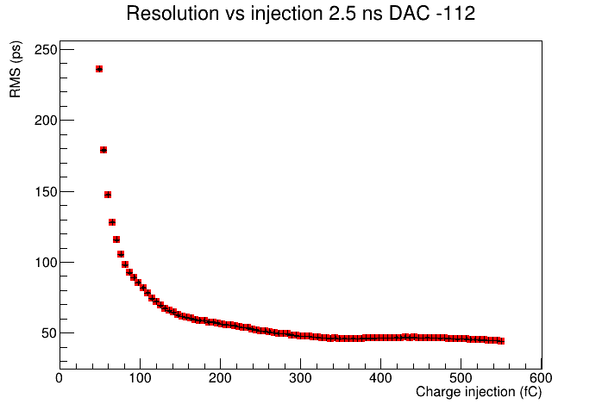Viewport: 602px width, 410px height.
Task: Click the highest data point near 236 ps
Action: pyautogui.click(x=99, y=69)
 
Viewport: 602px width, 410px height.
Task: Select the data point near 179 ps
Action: pyautogui.click(x=103, y=150)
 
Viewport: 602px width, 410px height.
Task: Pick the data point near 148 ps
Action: pyautogui.click(x=108, y=195)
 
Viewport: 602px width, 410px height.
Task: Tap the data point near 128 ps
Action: pyautogui.click(x=112, y=222)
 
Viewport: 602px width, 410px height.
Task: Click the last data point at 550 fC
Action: pyautogui.click(x=501, y=341)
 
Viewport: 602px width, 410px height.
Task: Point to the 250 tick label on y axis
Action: pyautogui.click(x=46, y=49)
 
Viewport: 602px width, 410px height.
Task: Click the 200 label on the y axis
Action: pyautogui.click(x=46, y=121)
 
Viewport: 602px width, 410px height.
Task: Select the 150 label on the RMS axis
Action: pyautogui.click(x=46, y=191)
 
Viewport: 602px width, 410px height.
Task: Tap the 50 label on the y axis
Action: pyautogui.click(x=49, y=333)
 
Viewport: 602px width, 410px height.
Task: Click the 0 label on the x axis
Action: pyautogui.click(x=60, y=378)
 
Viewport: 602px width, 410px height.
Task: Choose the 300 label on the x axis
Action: pyautogui.click(x=300, y=378)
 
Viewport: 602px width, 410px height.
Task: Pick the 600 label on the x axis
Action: pyautogui.click(x=541, y=378)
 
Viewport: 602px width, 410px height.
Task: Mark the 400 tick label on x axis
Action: pyautogui.click(x=380, y=378)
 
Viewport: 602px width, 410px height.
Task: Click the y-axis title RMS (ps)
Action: pyautogui.click(x=16, y=70)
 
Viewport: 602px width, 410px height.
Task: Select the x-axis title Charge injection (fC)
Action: pyautogui.click(x=479, y=392)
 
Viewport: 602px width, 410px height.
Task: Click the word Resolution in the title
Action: pyautogui.click(x=172, y=14)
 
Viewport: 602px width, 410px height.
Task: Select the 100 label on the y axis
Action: pyautogui.click(x=46, y=263)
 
